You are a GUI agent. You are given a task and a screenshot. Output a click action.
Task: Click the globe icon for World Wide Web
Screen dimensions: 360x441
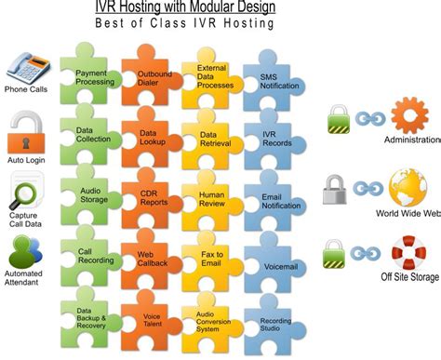(x=408, y=186)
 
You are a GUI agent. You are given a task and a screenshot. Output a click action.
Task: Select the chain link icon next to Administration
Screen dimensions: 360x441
(x=367, y=119)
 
